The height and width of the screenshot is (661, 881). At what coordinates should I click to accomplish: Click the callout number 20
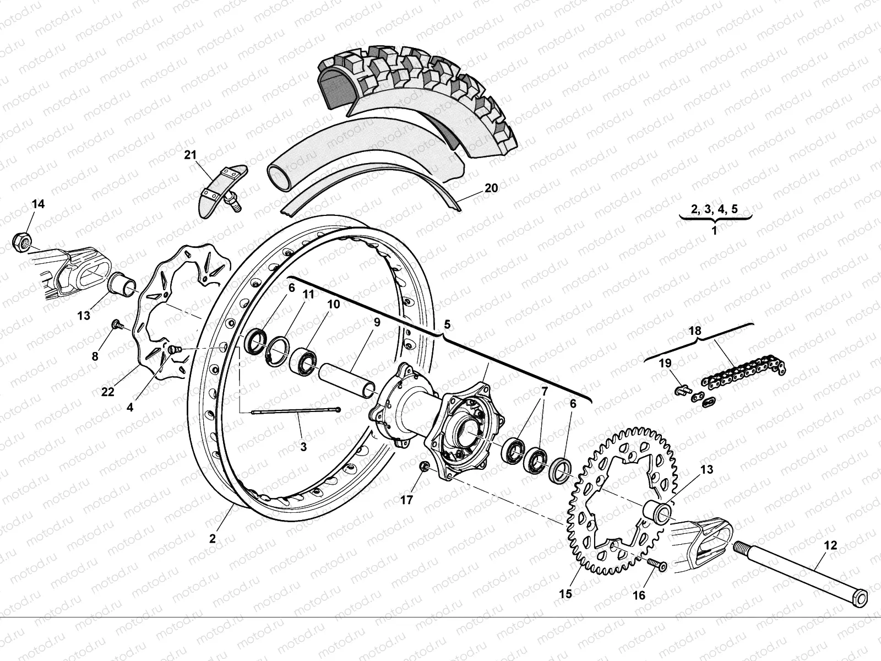491,188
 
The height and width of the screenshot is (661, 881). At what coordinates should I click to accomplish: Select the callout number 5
447,324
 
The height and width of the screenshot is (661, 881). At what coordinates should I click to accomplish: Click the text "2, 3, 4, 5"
714,208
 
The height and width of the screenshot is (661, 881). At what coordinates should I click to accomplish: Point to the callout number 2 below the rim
213,538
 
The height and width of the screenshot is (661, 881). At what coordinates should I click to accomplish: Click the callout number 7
544,392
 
